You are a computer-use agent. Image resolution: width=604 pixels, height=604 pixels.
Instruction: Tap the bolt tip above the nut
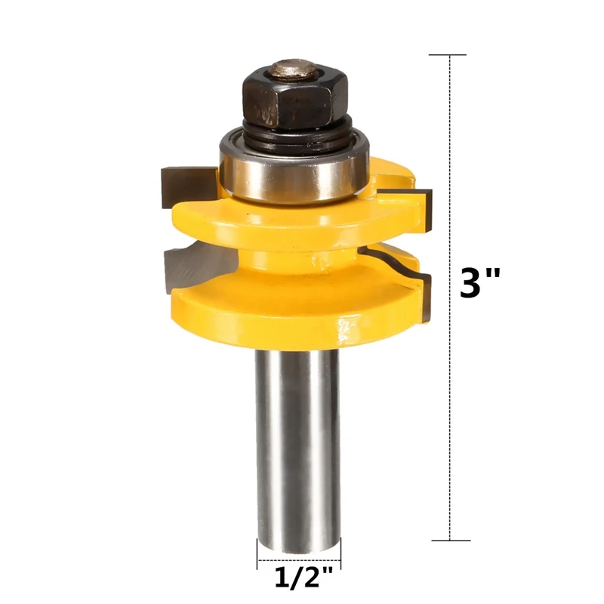[x=294, y=69]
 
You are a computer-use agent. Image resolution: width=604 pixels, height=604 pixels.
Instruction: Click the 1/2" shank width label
[x=304, y=577]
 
